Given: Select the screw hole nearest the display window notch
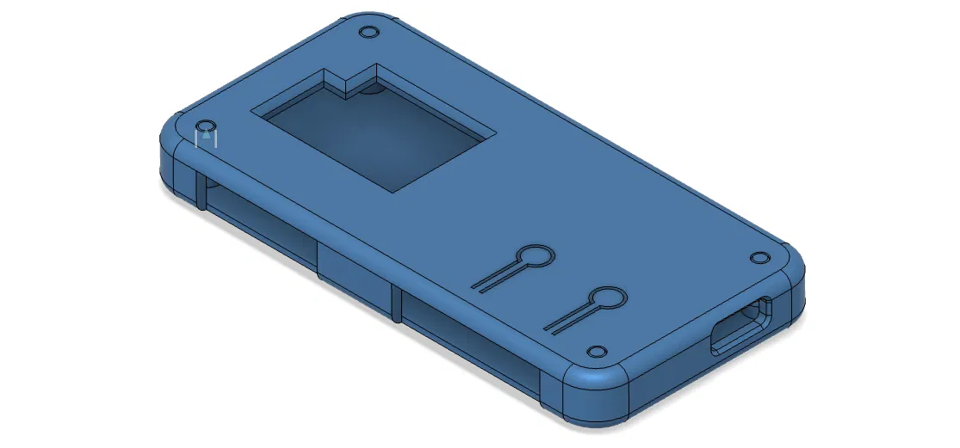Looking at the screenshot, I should click(369, 32).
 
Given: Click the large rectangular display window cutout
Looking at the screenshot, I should click(376, 138).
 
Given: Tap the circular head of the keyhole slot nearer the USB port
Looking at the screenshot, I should click(609, 298).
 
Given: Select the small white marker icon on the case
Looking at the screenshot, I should click(205, 137).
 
